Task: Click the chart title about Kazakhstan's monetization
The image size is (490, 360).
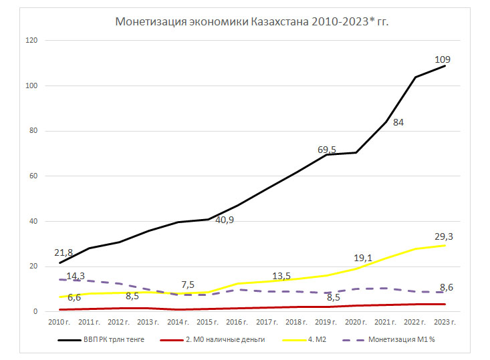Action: coord(252,22)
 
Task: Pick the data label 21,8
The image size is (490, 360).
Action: coord(64,252)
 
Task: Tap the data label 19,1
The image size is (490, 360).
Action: coord(363,257)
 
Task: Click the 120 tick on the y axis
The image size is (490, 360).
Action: coord(31,41)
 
